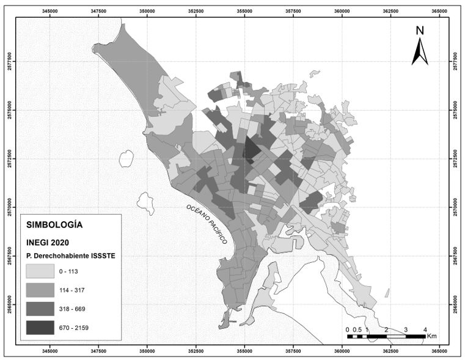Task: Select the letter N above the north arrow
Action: pyautogui.click(x=419, y=31)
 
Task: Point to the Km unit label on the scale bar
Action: pyautogui.click(x=432, y=336)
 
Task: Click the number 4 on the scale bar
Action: pyautogui.click(x=425, y=329)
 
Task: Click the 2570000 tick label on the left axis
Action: pyautogui.click(x=9, y=207)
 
